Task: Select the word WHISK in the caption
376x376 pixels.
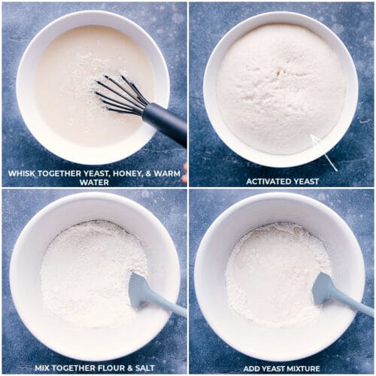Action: click(x=24, y=173)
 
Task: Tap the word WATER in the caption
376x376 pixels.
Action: click(x=94, y=181)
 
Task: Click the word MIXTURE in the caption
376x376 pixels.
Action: click(x=302, y=368)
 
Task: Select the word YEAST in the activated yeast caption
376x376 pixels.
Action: click(x=305, y=181)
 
